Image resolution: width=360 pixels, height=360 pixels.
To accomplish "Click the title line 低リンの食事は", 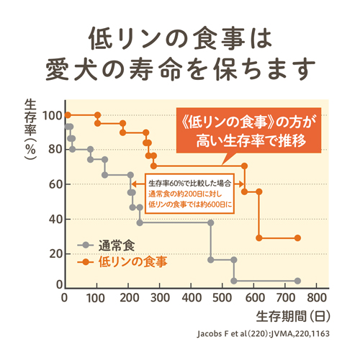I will [x=180, y=37].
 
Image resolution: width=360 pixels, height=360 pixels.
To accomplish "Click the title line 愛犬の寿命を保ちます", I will [x=180, y=69].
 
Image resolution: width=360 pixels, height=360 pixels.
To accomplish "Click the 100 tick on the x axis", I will [x=96, y=298].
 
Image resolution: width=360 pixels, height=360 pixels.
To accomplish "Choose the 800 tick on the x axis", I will [x=317, y=298].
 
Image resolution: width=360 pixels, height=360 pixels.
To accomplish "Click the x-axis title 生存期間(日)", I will [x=292, y=315].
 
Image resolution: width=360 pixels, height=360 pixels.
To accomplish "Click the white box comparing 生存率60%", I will [x=191, y=191].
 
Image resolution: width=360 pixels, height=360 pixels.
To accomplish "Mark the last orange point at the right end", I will [x=297, y=238].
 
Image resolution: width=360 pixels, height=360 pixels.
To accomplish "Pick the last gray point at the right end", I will [x=297, y=281].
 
